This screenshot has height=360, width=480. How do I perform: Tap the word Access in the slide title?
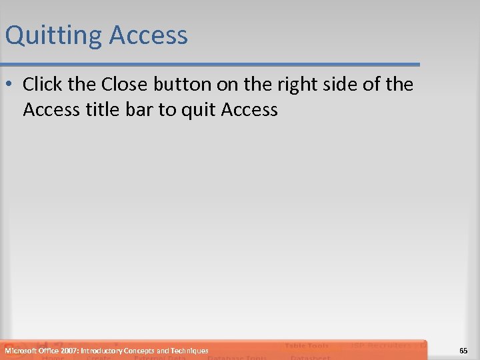[x=149, y=35]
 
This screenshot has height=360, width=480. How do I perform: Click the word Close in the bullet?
[x=125, y=85]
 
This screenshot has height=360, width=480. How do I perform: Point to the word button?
[x=185, y=85]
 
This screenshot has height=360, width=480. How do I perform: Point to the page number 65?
[x=463, y=351]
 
